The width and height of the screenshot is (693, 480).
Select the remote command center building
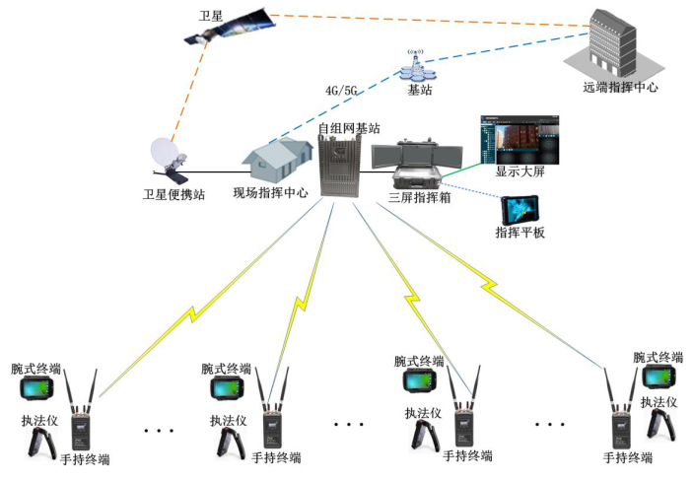click(615, 44)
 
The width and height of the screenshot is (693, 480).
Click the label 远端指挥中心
click(620, 88)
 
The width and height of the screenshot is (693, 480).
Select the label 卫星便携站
click(173, 193)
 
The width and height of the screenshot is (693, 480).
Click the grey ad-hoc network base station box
click(337, 167)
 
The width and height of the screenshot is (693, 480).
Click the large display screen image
click(517, 137)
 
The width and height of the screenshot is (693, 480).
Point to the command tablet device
click(519, 209)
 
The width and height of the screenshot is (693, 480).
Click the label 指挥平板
click(520, 234)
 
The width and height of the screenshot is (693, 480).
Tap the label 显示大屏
click(520, 171)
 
